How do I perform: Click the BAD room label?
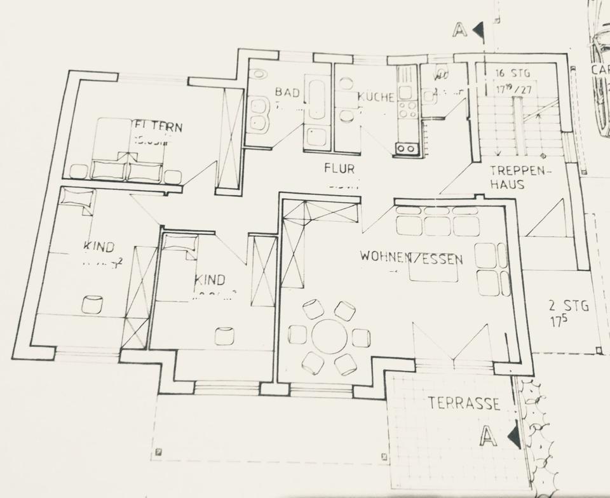click(287, 92)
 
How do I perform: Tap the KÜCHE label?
click(376, 97)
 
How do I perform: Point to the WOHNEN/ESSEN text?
click(411, 258)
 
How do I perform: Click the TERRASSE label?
click(463, 403)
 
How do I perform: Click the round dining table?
click(329, 337)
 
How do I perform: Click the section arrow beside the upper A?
click(477, 29)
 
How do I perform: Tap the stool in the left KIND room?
click(92, 304)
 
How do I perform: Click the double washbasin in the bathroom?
click(257, 114)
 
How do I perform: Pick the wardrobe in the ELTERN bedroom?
click(230, 138)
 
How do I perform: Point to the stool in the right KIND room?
click(224, 335)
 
